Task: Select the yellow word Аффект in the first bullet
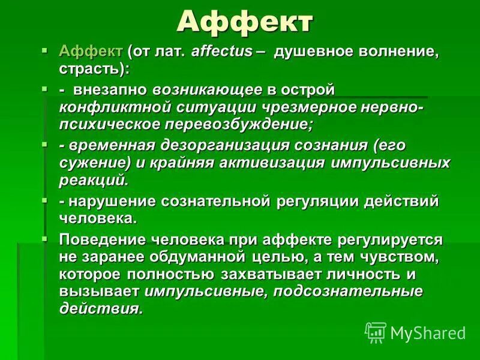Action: point(91,52)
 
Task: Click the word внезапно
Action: point(111,91)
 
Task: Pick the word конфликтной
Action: point(110,107)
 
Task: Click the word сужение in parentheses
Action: point(90,163)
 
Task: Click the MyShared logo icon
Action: point(376,331)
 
